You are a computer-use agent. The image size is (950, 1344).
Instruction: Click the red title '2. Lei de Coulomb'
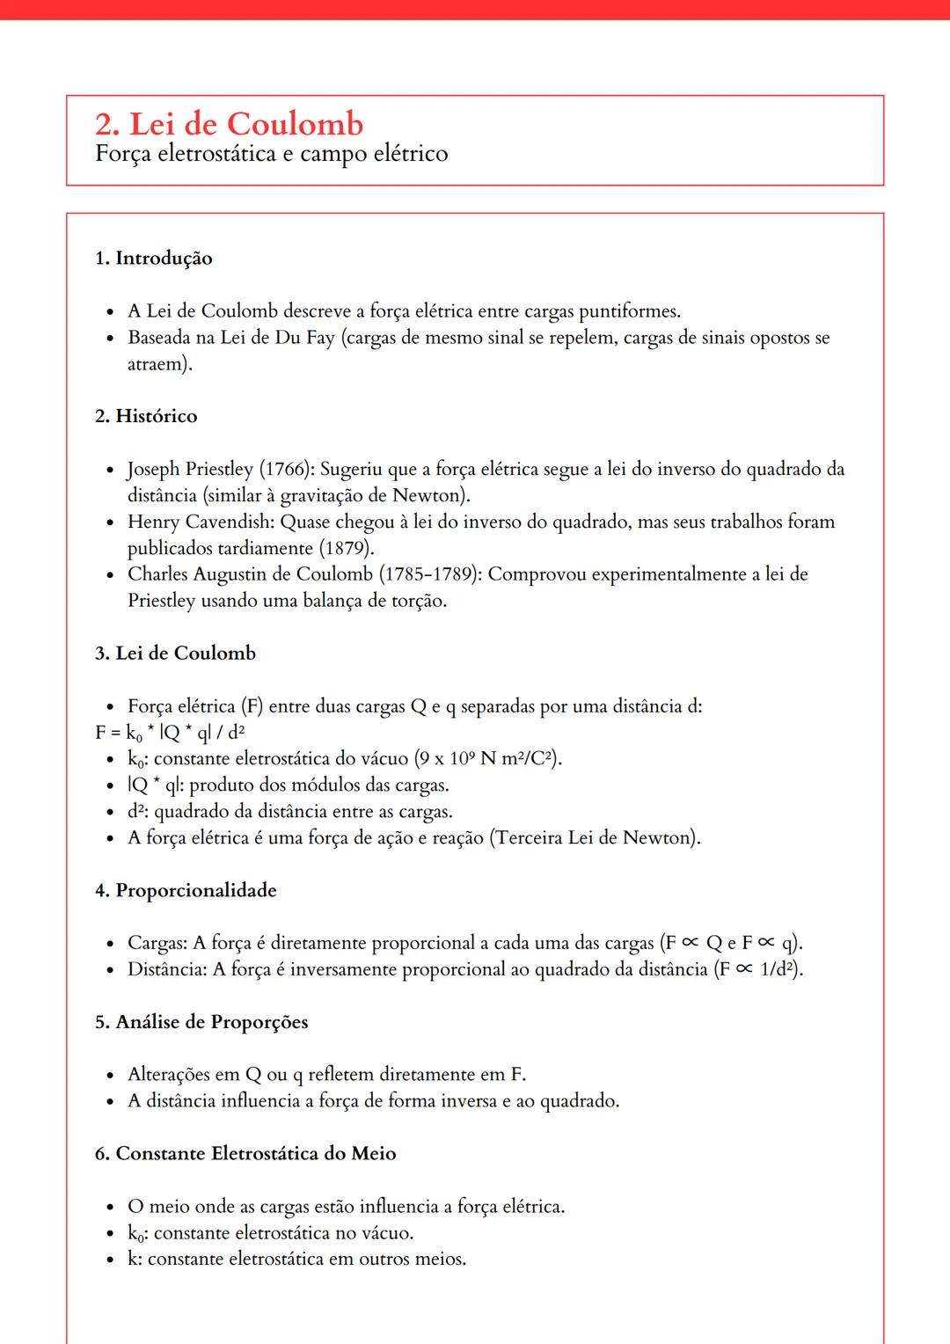coord(229,124)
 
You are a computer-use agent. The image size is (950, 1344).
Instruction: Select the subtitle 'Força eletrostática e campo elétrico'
coord(271,154)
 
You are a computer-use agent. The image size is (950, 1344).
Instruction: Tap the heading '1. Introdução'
coord(153,258)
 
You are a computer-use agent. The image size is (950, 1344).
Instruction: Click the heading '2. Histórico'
coord(146,416)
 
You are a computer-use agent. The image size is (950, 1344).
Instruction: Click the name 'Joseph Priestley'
coord(190,469)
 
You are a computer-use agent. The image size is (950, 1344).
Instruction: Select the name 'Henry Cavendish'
coord(200,522)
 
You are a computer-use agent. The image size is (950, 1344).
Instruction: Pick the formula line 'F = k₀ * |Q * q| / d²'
coord(170,733)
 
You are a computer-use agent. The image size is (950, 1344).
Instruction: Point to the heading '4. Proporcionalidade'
coord(186,890)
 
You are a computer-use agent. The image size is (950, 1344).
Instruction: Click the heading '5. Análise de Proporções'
coord(201,1022)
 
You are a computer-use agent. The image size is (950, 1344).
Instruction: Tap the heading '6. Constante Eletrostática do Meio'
coord(245,1153)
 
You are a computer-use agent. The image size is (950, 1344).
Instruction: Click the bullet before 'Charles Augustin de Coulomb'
coord(110,575)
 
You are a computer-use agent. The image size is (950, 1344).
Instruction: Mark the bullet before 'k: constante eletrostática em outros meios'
coord(110,1260)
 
